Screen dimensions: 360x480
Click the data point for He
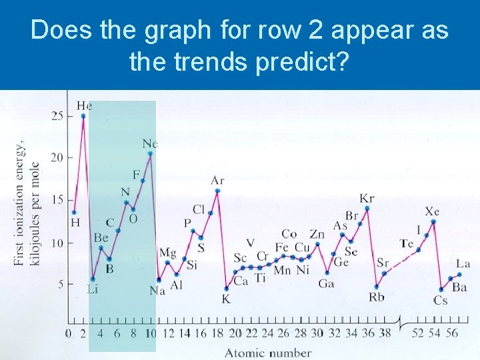[x=83, y=116]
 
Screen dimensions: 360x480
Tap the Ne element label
[x=150, y=143]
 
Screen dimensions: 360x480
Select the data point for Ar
[x=217, y=191]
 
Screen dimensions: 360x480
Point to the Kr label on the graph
[x=367, y=198]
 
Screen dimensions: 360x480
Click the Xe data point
[x=433, y=221]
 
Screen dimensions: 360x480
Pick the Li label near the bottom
[x=92, y=289]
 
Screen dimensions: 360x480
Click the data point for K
[x=226, y=289]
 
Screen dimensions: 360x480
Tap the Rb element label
[x=377, y=297]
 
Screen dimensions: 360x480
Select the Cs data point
[x=441, y=289]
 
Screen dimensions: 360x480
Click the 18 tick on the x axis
[x=217, y=333]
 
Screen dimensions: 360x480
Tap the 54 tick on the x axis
[x=435, y=333]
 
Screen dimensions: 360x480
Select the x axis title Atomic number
[x=268, y=352]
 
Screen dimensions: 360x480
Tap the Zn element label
[x=317, y=234]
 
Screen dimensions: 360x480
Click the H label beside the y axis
[x=75, y=222]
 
